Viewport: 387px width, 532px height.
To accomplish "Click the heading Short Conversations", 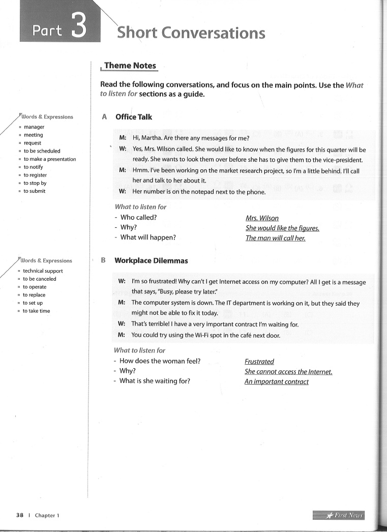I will click(191, 33).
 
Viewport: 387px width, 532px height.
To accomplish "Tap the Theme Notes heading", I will click(130, 66).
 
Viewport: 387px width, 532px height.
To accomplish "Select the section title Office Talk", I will click(134, 117).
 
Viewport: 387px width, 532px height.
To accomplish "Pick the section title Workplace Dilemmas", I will click(151, 260).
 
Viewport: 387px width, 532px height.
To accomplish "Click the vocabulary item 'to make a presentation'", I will click(49, 159).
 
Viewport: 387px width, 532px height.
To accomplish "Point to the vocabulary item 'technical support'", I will click(43, 271).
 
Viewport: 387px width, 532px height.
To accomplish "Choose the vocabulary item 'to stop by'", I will click(35, 183).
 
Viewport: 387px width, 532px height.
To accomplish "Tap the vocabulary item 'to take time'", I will click(36, 311).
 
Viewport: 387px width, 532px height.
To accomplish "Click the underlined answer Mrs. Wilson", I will click(262, 218).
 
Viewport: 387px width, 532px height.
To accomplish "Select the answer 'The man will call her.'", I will click(275, 238).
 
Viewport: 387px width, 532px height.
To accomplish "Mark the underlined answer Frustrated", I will click(259, 362).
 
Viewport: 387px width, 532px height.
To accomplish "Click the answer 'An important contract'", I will click(276, 381).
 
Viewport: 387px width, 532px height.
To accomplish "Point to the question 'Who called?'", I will click(138, 217).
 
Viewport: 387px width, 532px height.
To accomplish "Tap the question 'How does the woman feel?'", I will click(160, 361).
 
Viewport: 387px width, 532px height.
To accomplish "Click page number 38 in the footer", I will click(20, 515).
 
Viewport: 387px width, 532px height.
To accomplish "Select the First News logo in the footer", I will click(339, 515).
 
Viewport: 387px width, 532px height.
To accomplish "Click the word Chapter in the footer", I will click(45, 515).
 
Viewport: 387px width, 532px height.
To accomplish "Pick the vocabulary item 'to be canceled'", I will click(39, 279).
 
